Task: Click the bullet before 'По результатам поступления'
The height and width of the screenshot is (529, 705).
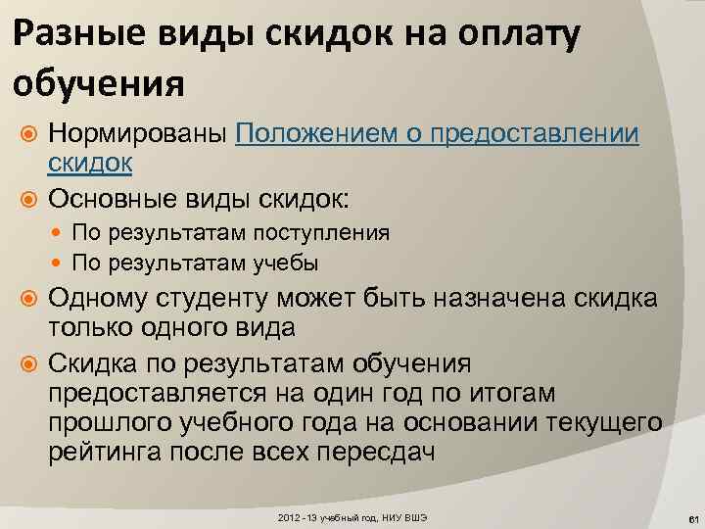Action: [x=62, y=233]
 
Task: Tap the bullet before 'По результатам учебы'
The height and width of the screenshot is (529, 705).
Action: [x=62, y=264]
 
